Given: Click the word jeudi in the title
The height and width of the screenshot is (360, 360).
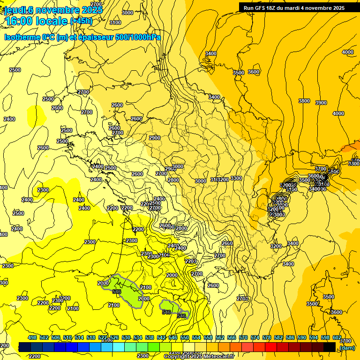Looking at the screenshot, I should point(15,9).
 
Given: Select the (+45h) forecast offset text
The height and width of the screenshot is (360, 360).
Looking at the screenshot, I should point(81,21).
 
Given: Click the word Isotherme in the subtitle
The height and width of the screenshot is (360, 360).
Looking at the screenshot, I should point(22,37).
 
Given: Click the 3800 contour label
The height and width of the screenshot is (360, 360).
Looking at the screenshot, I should point(304,101).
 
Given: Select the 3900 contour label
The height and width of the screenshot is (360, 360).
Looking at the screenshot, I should point(321,103).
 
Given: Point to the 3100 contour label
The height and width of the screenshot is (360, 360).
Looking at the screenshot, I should point(115,22).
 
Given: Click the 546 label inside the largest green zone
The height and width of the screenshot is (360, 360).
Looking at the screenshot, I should point(117,292).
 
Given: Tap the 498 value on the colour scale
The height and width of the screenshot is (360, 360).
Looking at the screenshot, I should point(32,337).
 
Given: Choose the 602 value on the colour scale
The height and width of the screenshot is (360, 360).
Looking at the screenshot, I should point(337,337).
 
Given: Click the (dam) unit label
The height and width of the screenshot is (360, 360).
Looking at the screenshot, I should point(347,347).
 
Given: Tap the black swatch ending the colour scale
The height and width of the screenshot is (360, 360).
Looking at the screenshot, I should point(330,347).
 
